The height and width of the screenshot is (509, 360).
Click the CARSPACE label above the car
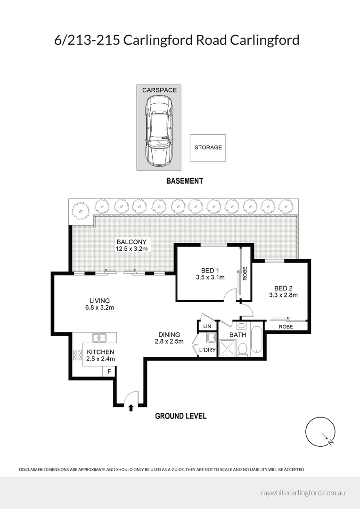(159, 90)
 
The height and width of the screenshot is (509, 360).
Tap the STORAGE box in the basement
(208, 148)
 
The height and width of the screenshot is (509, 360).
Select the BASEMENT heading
(184, 181)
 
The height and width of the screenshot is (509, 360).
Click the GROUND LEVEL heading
(180, 416)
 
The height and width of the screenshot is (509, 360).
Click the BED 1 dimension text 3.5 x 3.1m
(210, 277)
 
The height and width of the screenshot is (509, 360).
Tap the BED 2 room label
(283, 288)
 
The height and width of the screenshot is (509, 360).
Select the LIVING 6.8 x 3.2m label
(99, 304)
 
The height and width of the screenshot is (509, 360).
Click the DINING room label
(169, 334)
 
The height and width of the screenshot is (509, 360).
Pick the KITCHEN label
(100, 352)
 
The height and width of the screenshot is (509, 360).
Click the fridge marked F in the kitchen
(109, 371)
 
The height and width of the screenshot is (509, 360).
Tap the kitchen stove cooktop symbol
(77, 354)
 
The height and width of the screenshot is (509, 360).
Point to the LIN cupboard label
(207, 326)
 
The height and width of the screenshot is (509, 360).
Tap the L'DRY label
(207, 350)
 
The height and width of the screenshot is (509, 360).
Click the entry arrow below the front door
(131, 408)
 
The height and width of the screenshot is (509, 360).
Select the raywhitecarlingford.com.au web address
(303, 493)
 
